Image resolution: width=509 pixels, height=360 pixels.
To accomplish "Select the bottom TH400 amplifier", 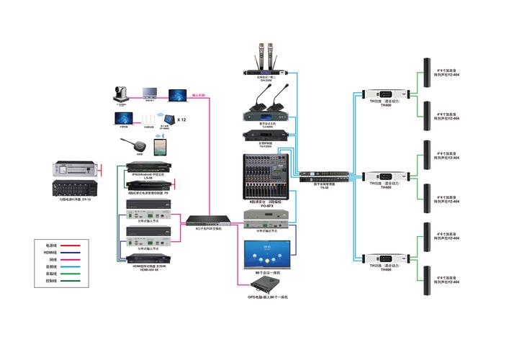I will [x=387, y=258].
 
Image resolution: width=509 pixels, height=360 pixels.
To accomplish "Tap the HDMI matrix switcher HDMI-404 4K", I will [x=149, y=258].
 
